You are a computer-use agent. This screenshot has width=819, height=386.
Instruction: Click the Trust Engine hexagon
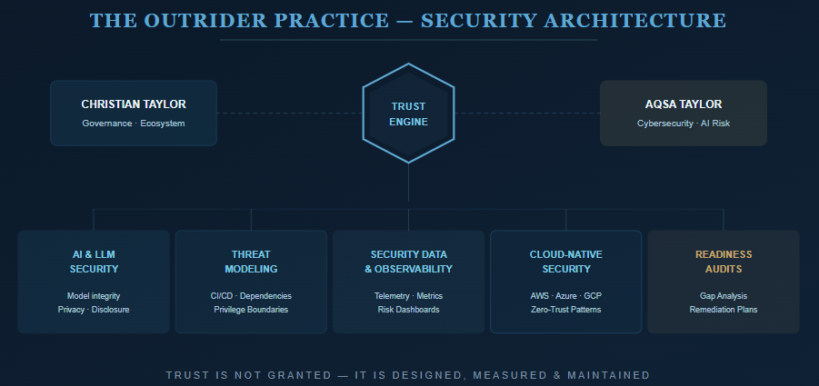tap(408, 114)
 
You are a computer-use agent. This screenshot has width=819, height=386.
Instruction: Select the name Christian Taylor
tap(134, 104)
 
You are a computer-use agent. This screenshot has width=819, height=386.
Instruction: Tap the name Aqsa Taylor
tap(684, 104)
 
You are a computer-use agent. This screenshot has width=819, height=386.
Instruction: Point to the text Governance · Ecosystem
tap(134, 124)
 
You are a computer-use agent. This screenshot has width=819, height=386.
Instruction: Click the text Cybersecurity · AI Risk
tap(684, 124)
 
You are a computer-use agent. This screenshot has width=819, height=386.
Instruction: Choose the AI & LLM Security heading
tap(94, 262)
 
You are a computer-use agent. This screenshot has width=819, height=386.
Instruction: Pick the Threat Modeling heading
tap(251, 262)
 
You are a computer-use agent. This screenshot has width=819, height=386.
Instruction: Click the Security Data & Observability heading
tap(408, 262)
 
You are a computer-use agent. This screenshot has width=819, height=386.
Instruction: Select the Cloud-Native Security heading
tap(565, 262)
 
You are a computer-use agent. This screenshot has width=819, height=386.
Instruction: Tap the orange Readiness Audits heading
tap(724, 262)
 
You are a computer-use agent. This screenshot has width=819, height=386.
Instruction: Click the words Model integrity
tap(94, 296)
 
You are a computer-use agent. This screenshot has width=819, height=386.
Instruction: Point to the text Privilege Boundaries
tap(251, 310)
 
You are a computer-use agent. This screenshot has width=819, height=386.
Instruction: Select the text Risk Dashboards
tap(408, 310)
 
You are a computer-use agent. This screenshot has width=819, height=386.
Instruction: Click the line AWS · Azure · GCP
tap(565, 296)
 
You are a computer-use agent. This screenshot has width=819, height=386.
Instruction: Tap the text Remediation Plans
tap(724, 310)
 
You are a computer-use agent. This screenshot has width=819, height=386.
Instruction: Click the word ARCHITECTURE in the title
tap(635, 21)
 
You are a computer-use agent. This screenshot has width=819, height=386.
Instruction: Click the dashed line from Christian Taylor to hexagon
tap(289, 113)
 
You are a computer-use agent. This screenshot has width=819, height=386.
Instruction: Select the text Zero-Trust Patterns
tap(565, 310)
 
